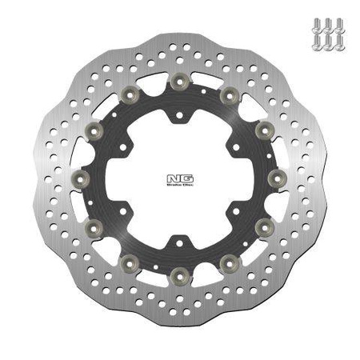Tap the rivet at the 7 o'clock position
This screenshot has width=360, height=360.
[x=129, y=262]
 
